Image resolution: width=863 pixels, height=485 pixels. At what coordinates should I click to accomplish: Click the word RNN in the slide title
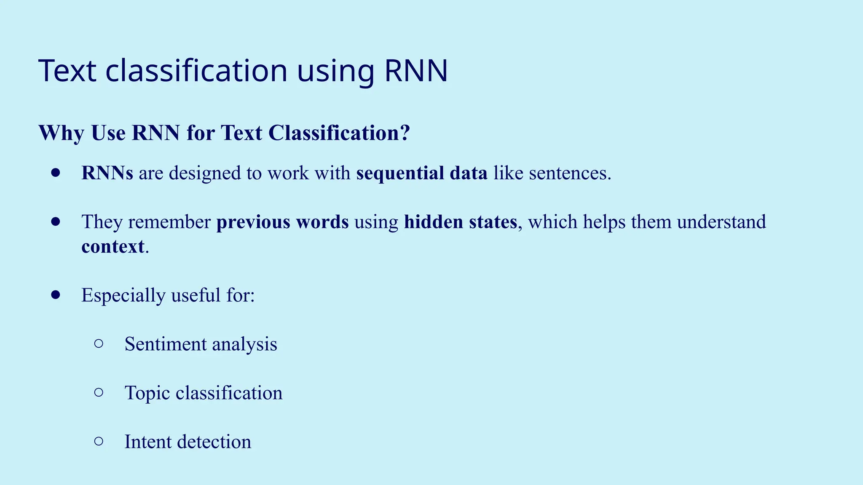click(416, 71)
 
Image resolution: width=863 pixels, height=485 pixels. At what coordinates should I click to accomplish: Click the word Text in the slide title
click(67, 71)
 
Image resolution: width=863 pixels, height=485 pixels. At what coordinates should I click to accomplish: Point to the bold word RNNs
click(107, 173)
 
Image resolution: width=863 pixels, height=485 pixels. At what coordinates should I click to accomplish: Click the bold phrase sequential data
click(422, 173)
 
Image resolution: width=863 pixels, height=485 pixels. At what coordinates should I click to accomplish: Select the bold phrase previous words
click(282, 222)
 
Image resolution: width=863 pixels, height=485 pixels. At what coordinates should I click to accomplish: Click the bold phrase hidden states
click(460, 222)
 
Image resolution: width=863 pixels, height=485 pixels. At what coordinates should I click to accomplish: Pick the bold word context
click(113, 246)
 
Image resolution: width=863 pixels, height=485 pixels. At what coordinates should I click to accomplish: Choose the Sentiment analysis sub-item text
click(201, 344)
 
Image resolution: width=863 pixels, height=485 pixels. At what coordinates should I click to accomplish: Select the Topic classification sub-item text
click(203, 393)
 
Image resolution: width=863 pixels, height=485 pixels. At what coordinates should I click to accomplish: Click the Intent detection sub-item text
click(188, 442)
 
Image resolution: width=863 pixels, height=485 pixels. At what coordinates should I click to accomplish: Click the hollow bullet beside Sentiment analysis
click(99, 344)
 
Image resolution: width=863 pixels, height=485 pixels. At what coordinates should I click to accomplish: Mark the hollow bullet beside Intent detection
click(99, 441)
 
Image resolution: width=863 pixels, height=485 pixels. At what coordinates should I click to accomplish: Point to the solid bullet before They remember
click(56, 221)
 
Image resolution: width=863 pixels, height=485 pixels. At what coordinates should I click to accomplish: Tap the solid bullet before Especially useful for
click(56, 295)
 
